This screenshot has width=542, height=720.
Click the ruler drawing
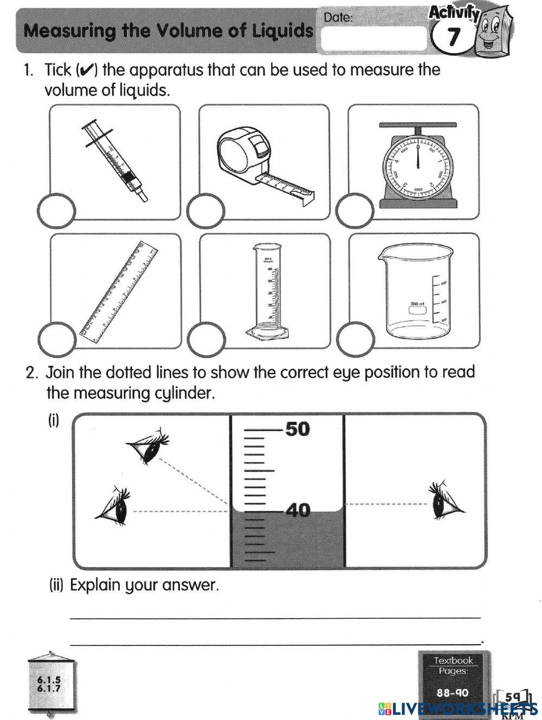click(119, 293)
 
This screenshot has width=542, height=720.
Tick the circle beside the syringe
click(56, 210)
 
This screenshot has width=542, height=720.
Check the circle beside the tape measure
click(205, 210)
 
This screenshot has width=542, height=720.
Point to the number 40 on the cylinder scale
click(298, 509)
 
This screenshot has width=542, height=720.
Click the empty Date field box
click(373, 38)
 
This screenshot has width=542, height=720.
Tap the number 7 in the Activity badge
click(453, 37)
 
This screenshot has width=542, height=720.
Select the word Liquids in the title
click(282, 31)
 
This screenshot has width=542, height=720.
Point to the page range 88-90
click(453, 692)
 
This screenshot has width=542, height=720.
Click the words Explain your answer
click(144, 585)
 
